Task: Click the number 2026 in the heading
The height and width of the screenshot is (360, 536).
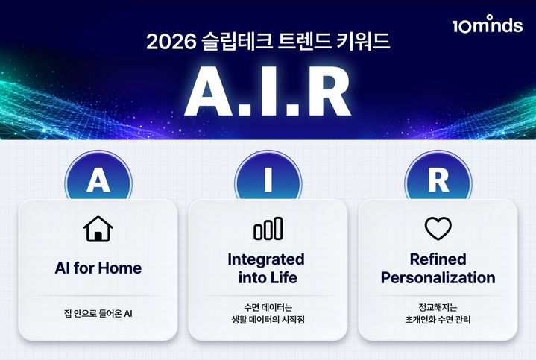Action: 171,42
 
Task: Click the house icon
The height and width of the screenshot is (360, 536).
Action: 98,229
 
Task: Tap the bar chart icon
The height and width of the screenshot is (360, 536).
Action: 268,229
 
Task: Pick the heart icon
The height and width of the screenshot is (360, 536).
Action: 438,228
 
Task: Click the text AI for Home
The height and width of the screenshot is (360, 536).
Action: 98,268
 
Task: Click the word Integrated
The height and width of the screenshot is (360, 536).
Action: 267,259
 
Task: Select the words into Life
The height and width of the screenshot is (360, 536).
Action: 267,278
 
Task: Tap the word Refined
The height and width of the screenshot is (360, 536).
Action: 438,259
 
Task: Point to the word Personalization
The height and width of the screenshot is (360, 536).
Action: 438,278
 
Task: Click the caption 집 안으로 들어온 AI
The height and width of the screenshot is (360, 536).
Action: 98,314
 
